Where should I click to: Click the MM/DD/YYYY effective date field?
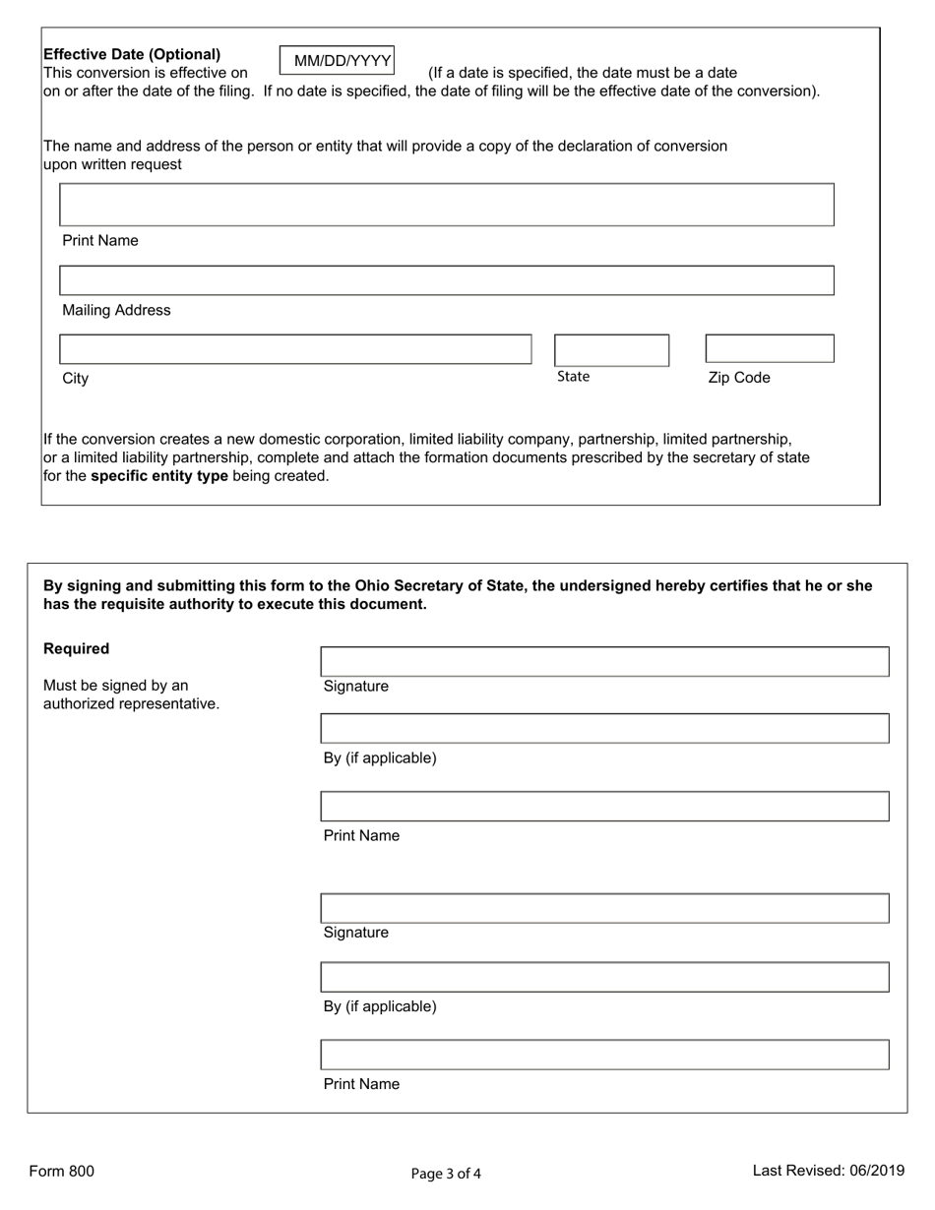click(x=337, y=61)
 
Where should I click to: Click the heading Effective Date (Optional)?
click(x=132, y=54)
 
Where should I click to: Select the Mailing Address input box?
click(x=447, y=280)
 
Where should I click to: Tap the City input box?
click(x=295, y=349)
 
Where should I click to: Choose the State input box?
click(x=611, y=350)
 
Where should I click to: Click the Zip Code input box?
click(x=770, y=349)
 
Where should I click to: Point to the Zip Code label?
click(x=739, y=378)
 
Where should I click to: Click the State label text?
click(x=573, y=377)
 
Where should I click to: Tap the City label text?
click(x=76, y=379)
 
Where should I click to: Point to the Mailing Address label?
click(x=116, y=310)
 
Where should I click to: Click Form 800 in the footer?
click(x=61, y=1171)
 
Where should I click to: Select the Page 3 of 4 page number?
click(x=446, y=1173)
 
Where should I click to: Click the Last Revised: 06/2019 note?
click(x=828, y=1171)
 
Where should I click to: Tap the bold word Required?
click(x=77, y=649)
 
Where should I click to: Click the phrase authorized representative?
click(x=131, y=703)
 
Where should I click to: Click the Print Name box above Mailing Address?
click(x=447, y=205)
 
